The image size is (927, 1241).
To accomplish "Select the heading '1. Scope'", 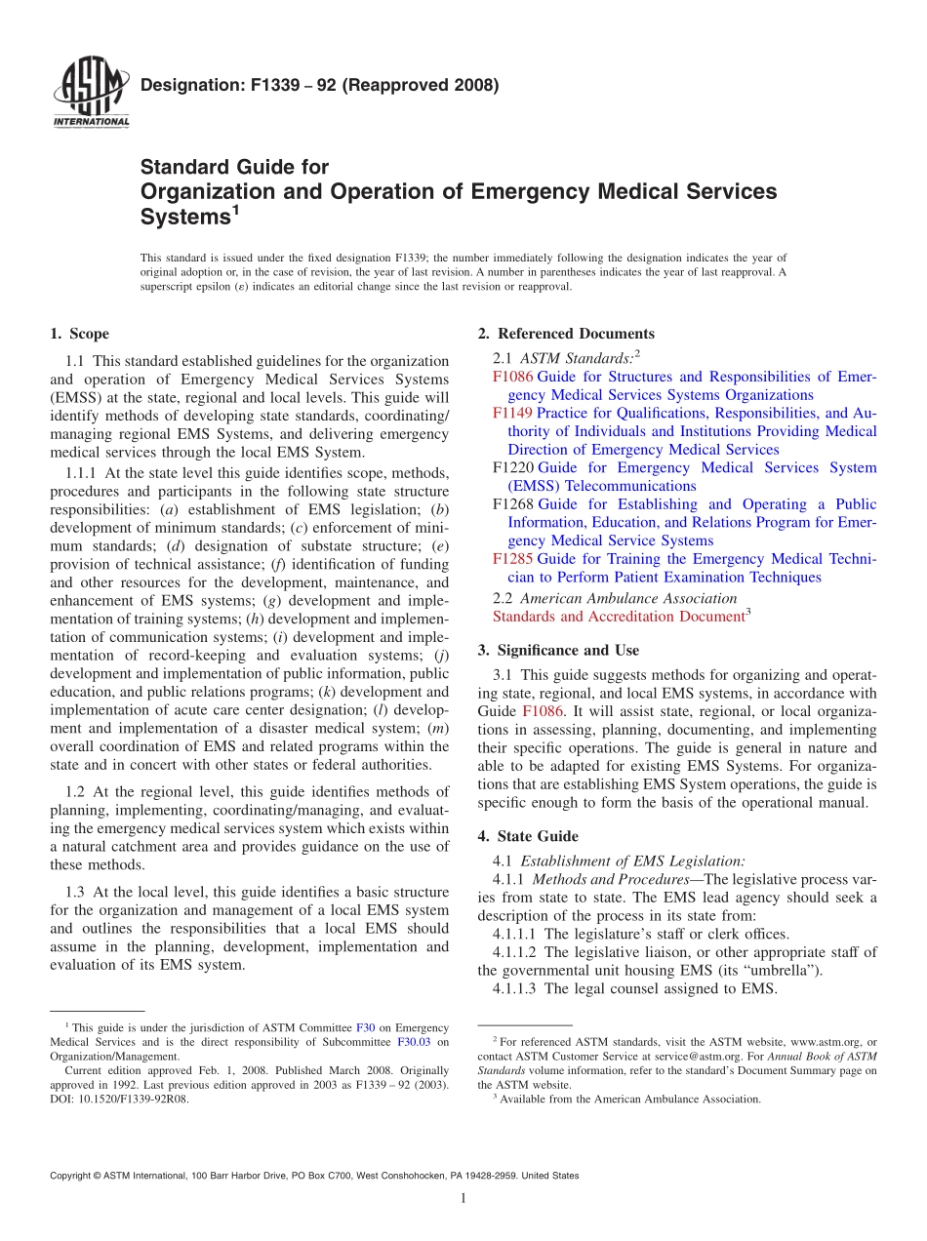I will click(79, 334).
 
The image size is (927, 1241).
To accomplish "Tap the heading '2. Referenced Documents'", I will click(566, 334).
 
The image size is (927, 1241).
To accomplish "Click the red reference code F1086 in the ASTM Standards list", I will click(512, 377).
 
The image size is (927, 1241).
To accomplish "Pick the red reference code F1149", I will click(512, 414).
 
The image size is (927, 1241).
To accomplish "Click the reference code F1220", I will click(512, 468).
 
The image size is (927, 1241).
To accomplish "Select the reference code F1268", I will click(512, 504).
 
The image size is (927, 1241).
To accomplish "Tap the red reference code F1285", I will click(512, 559).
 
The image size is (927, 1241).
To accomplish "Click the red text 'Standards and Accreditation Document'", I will click(618, 617).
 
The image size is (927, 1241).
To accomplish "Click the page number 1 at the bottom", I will click(463, 1198).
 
